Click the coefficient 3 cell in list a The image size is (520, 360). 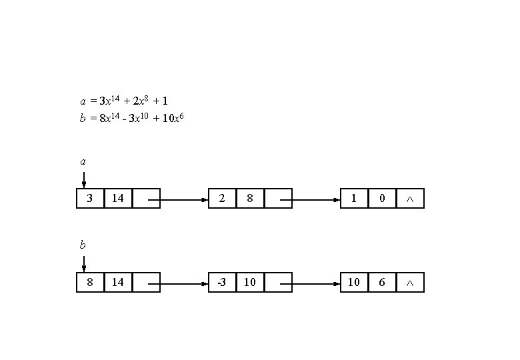[x=90, y=198]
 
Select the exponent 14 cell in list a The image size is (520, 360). [x=118, y=198]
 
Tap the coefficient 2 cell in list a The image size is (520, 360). [x=222, y=198]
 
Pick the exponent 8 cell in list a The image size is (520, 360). [x=250, y=198]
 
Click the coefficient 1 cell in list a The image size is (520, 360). [x=354, y=198]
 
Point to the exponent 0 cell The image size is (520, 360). [x=382, y=198]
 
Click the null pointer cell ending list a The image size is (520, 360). [x=410, y=198]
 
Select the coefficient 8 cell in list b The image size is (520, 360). [x=90, y=282]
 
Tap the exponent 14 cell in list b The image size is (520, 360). [x=118, y=282]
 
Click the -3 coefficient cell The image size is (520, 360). [x=222, y=282]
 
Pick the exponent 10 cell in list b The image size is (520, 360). [x=250, y=282]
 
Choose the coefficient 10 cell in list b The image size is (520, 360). [x=354, y=282]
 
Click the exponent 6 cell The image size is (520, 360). [x=382, y=282]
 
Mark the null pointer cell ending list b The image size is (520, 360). [x=410, y=282]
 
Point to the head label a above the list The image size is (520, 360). [x=83, y=161]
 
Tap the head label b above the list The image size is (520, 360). [x=83, y=245]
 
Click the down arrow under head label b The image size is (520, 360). [x=83, y=264]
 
